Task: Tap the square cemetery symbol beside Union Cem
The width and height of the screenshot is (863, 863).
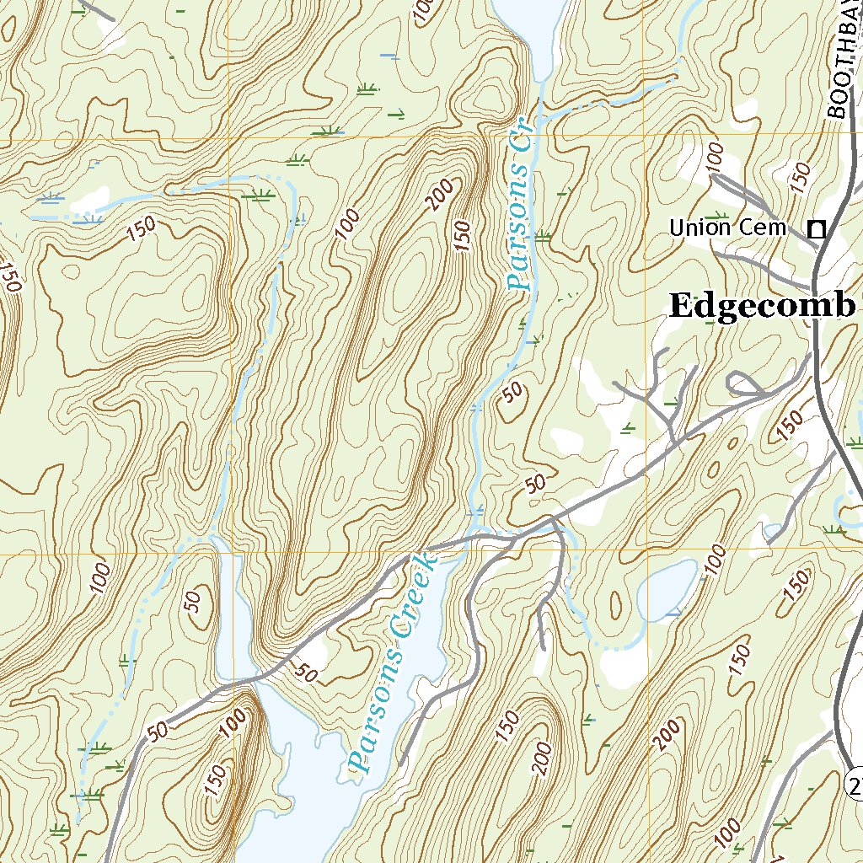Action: (x=816, y=228)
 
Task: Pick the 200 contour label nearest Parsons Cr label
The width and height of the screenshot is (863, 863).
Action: (x=439, y=194)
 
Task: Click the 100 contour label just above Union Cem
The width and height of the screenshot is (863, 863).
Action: (x=716, y=157)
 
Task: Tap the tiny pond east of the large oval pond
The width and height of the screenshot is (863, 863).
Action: (x=773, y=532)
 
